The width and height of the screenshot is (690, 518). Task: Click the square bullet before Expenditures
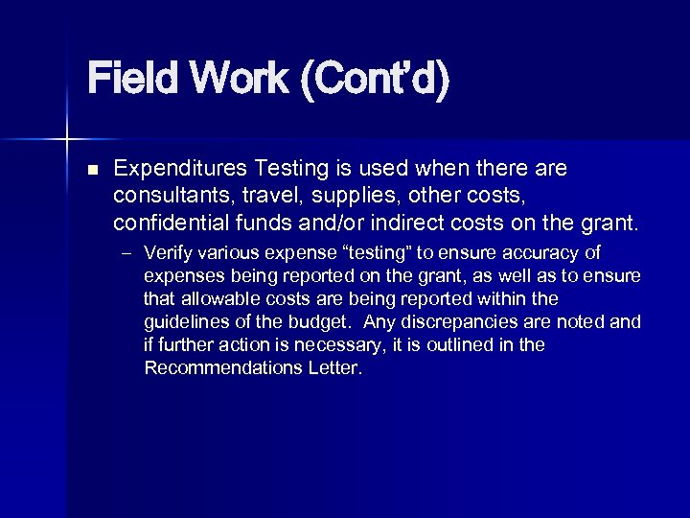pos(92,170)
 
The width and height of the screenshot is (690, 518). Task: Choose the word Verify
pos(168,254)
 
